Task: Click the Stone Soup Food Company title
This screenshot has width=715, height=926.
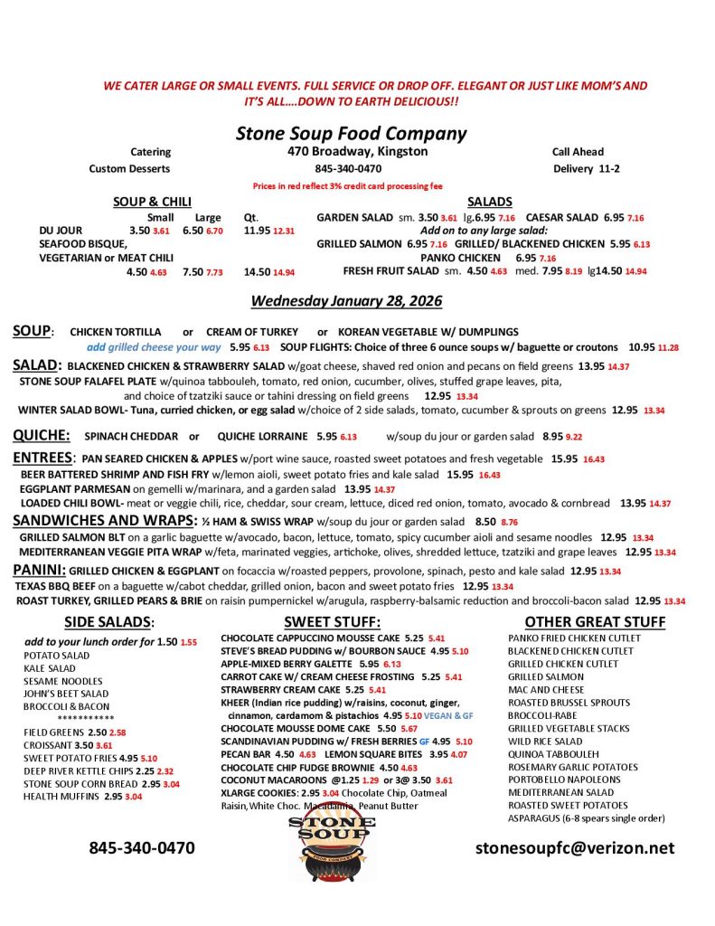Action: click(352, 134)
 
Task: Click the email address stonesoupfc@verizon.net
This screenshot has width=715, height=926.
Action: click(575, 847)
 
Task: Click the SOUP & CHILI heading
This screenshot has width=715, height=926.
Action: click(152, 202)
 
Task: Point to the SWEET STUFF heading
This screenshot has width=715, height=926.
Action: click(332, 622)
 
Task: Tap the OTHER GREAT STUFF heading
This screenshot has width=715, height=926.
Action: click(595, 622)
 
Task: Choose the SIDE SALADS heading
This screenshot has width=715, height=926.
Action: click(109, 622)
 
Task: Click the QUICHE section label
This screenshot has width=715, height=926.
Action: click(42, 435)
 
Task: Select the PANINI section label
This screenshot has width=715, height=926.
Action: click(39, 570)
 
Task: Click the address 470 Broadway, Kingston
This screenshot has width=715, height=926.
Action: click(358, 152)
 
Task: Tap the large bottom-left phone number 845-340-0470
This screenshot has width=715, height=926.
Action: click(142, 847)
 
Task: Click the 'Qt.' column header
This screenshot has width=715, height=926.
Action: click(251, 217)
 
